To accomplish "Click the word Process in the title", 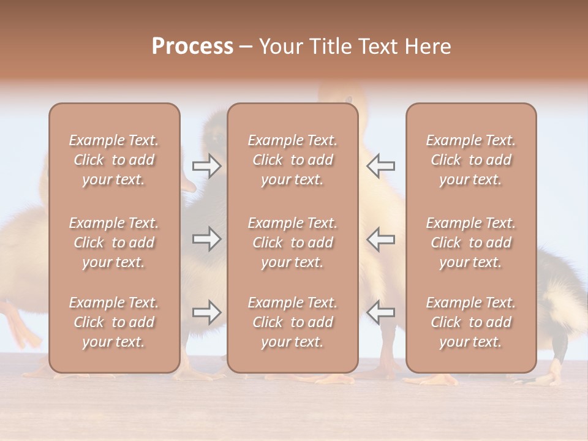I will tap(192, 47).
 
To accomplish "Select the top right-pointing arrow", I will tap(206, 165).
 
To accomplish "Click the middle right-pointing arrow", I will tap(206, 239).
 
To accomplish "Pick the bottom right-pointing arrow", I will tap(206, 312).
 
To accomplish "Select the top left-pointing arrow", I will tap(381, 165).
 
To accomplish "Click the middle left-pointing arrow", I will tap(381, 239).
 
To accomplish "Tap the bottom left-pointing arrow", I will tap(381, 312).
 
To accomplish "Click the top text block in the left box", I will tap(114, 160).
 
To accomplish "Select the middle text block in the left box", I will tap(114, 243).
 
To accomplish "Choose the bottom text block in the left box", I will tap(114, 322).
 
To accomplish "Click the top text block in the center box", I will tap(293, 160).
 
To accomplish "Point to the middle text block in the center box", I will tap(293, 243).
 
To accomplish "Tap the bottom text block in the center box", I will tap(293, 322).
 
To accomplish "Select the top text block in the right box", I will tap(471, 160).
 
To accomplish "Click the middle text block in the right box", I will tap(471, 243).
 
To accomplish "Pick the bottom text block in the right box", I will tap(471, 322).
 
